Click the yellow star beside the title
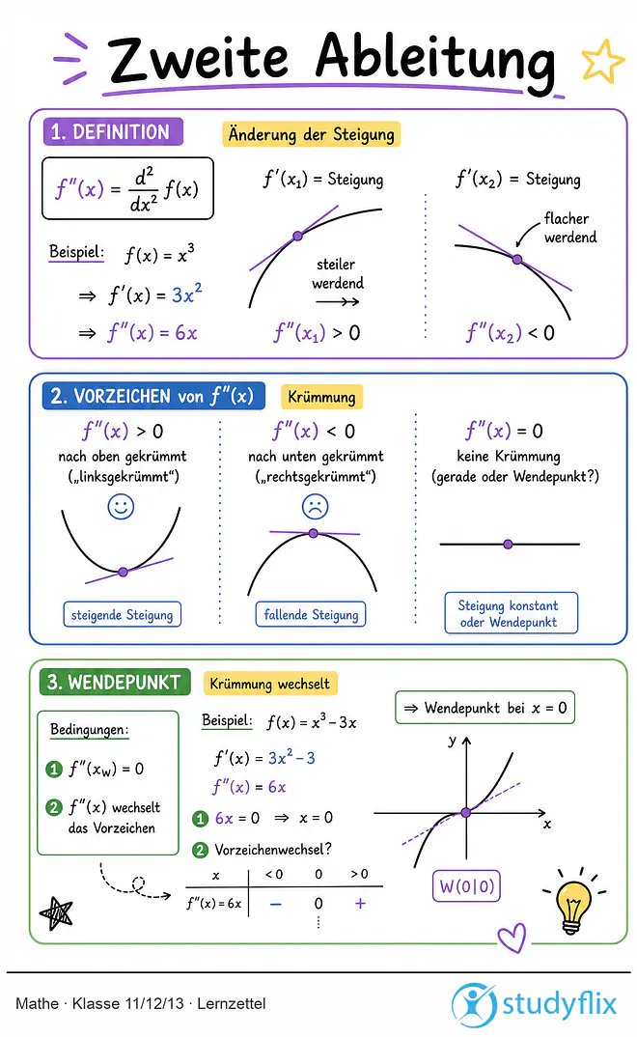602,62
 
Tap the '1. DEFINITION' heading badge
112,131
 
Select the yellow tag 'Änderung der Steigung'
311,134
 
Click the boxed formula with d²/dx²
127,188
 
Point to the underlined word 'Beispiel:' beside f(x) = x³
76,253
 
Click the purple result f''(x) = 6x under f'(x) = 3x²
152,333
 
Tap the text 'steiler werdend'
338,274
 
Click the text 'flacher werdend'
569,228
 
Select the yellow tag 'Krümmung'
321,397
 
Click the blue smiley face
121,507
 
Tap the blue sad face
316,507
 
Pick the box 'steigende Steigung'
123,614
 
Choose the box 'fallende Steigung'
311,614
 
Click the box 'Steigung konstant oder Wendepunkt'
511,613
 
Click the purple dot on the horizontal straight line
508,545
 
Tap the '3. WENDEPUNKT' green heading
114,682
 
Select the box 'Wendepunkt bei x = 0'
485,708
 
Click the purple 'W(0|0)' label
466,885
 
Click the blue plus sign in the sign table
360,904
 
